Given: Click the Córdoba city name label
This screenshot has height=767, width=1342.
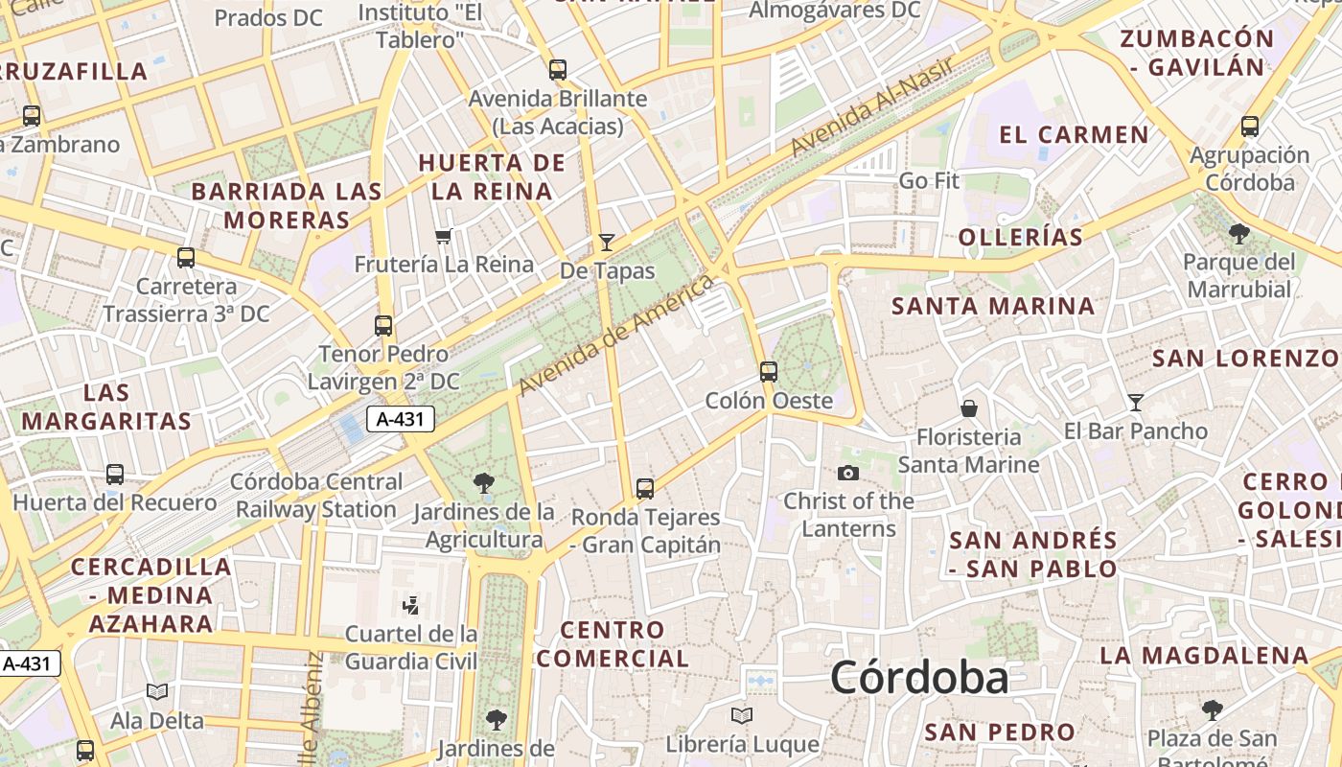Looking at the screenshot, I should [x=919, y=678].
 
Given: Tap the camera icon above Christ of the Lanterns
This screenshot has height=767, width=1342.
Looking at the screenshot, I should [x=847, y=473].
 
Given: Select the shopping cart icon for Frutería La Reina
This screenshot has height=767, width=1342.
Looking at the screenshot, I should [x=443, y=236].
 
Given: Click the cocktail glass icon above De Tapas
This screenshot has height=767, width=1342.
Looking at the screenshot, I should [x=606, y=242].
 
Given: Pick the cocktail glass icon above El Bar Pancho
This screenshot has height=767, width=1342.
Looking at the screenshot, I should [x=1136, y=403].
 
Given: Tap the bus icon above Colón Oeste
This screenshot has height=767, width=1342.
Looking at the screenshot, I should [x=768, y=372].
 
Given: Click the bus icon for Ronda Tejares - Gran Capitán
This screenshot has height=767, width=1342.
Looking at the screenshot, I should [x=645, y=489].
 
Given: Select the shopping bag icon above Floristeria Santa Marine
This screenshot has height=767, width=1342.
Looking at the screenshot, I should [x=969, y=408].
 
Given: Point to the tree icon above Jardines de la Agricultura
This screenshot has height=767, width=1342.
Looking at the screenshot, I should [x=483, y=483].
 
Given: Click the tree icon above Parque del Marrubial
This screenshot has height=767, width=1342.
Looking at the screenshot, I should [x=1238, y=233].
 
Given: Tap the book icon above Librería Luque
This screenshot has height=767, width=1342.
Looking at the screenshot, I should [x=741, y=715].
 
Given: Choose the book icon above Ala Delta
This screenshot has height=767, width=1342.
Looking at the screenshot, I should [x=157, y=691].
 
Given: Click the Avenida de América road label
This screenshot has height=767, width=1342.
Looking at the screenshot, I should [x=617, y=336].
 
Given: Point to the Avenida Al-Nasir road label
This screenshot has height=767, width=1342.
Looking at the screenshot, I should [x=872, y=107].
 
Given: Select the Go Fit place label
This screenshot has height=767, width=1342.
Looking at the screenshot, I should [x=929, y=181].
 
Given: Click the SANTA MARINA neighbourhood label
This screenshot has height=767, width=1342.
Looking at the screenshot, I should [x=993, y=306].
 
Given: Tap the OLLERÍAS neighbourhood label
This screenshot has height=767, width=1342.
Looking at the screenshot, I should [x=1021, y=237].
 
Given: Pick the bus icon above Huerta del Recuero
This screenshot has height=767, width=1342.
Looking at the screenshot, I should [x=115, y=475].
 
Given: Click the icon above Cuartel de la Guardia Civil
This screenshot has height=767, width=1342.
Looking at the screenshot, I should [x=410, y=605].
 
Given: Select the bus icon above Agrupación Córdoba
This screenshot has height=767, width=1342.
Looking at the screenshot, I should [x=1250, y=127].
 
